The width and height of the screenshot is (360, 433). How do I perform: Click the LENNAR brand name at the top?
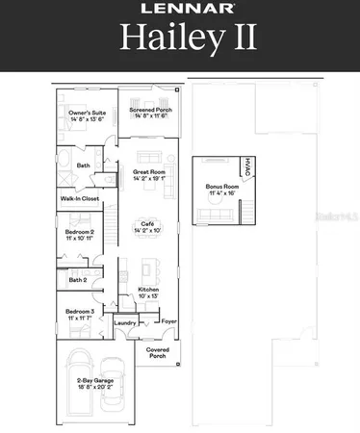click(180, 10)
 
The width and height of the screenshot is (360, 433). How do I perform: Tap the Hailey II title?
click(180, 38)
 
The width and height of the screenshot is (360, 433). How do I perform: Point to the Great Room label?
click(149, 174)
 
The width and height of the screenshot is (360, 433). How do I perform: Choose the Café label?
click(149, 225)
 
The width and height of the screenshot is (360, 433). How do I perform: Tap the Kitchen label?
click(148, 292)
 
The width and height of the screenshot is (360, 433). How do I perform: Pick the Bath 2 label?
click(77, 279)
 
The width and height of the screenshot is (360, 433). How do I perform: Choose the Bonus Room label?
click(220, 189)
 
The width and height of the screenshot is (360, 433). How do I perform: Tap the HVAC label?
click(247, 166)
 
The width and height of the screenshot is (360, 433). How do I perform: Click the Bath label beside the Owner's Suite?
click(84, 165)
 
